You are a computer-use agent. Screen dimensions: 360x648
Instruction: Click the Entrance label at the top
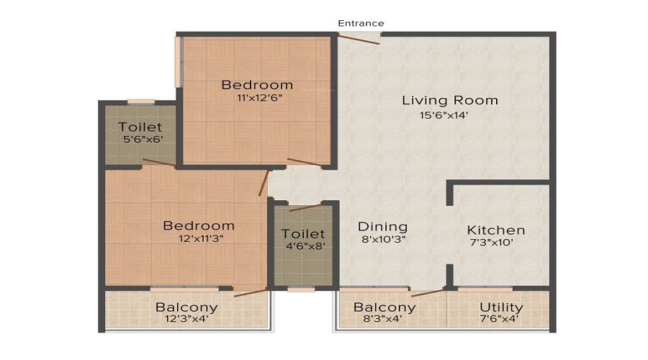[361, 23]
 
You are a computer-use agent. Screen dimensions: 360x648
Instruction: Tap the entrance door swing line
[359, 39]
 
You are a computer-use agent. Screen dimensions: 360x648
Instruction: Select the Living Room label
[450, 100]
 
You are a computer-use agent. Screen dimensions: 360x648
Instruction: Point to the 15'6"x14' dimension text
[450, 114]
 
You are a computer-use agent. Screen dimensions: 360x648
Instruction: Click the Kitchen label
[496, 230]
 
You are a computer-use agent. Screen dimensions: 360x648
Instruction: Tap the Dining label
[382, 227]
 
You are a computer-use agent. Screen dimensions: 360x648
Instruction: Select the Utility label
[501, 307]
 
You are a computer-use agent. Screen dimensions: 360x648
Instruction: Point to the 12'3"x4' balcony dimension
[186, 320]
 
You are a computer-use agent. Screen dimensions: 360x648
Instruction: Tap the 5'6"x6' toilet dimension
[140, 141]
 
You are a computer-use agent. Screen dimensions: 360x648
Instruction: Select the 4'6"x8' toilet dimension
[303, 246]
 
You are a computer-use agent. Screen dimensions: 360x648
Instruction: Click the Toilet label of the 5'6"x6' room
[140, 127]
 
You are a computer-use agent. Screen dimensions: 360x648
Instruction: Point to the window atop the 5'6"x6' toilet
[141, 102]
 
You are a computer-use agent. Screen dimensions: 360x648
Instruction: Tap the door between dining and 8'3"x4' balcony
[428, 292]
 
